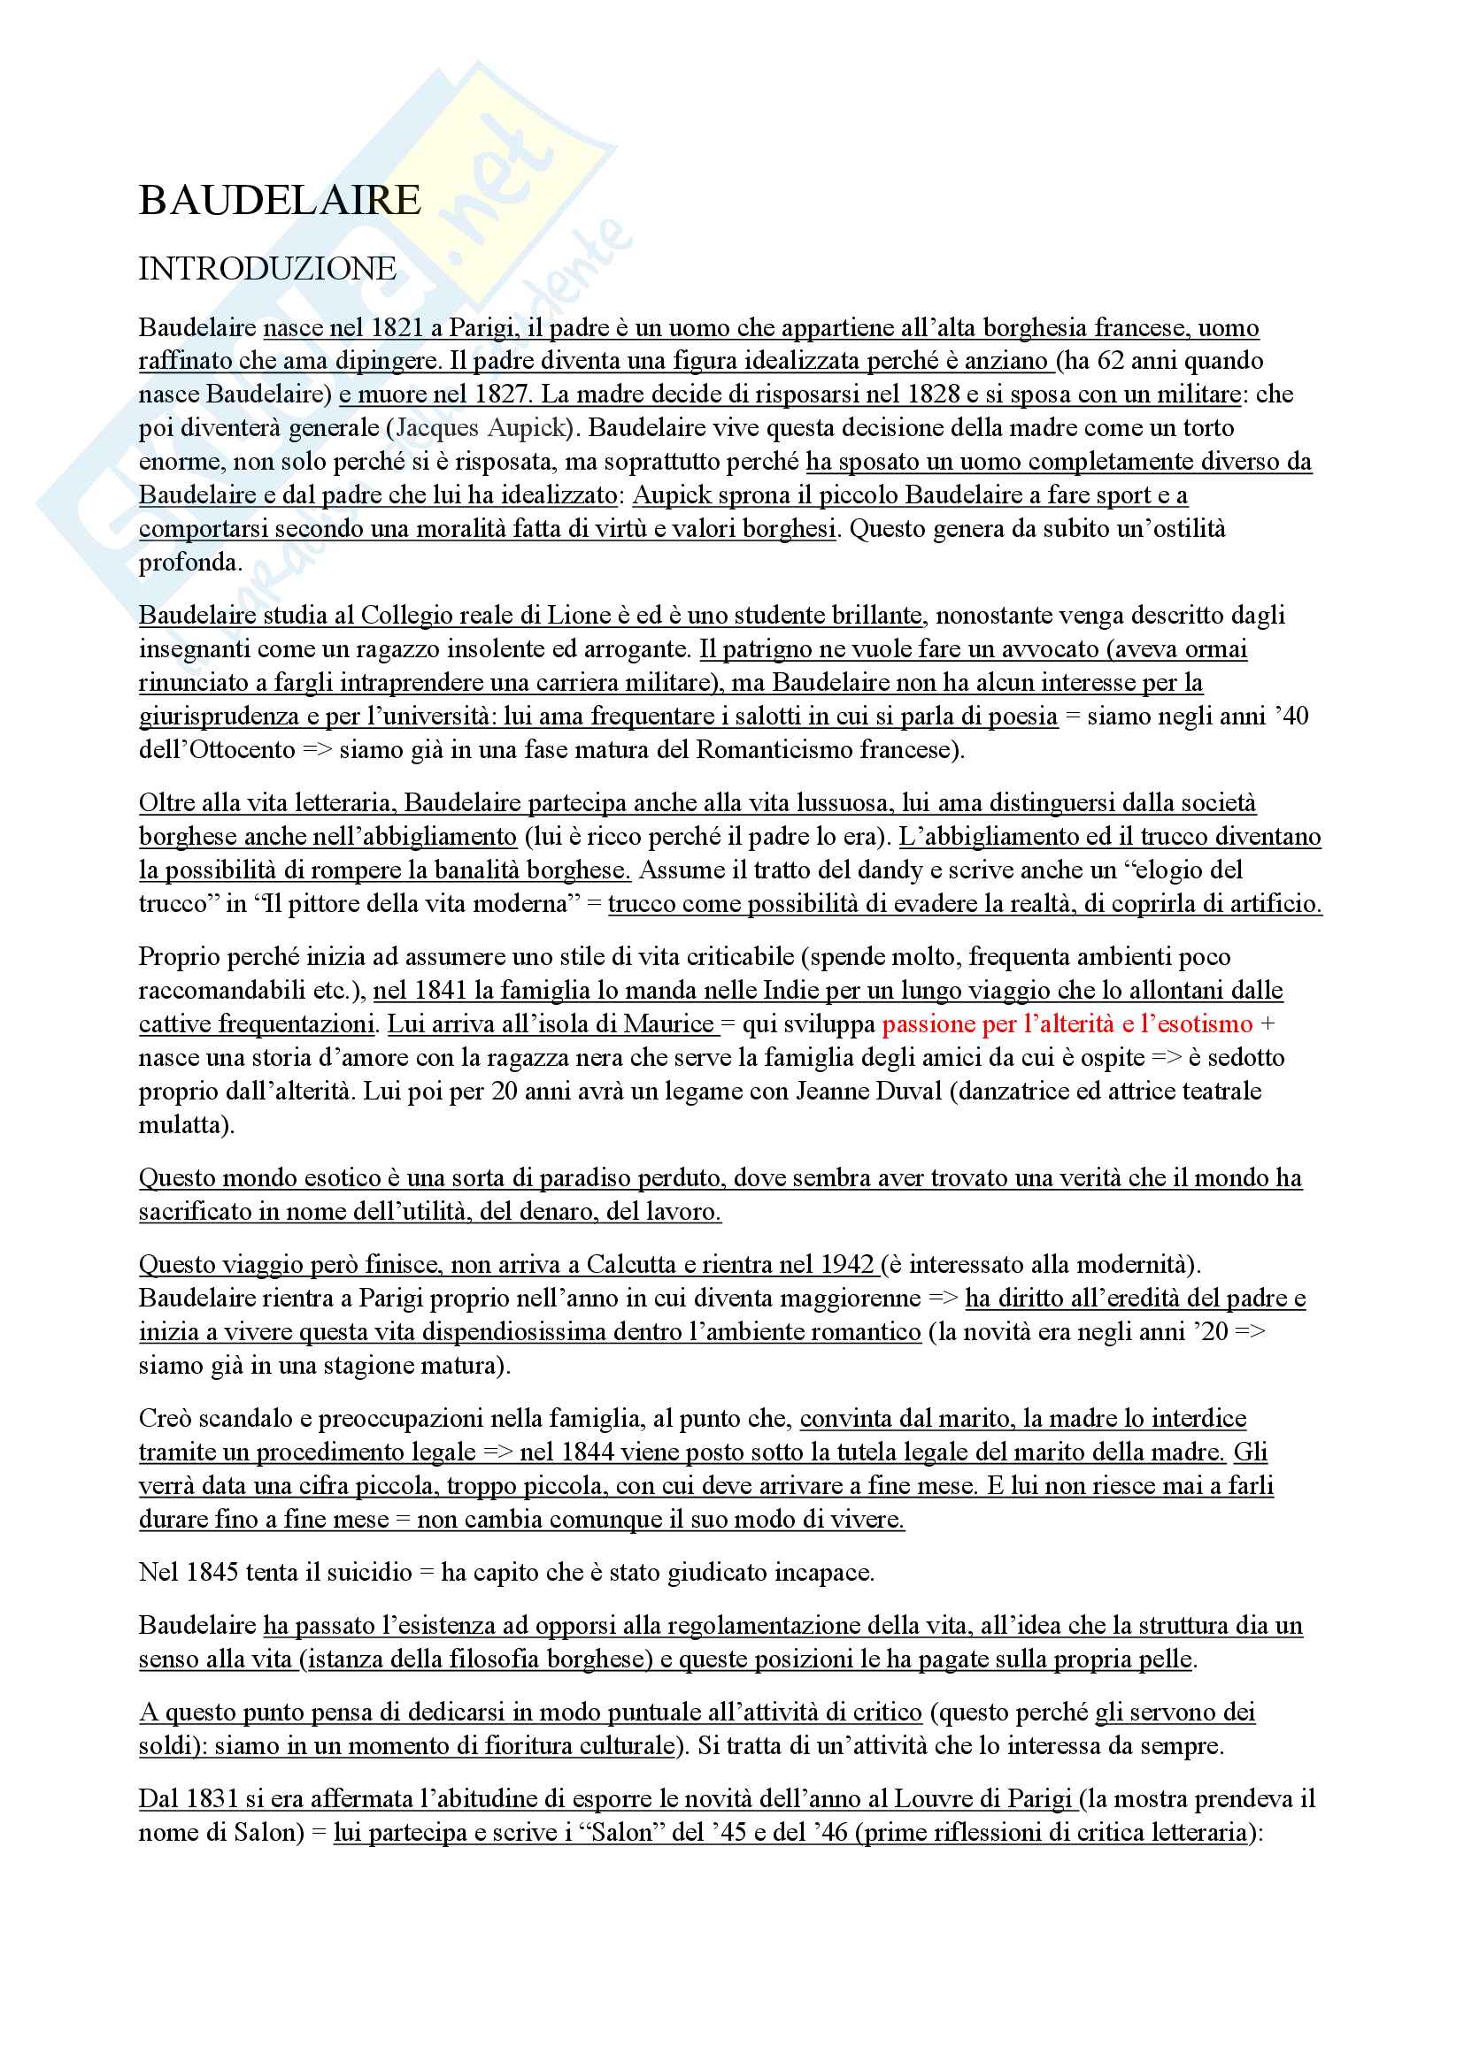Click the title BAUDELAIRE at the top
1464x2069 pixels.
[x=280, y=201]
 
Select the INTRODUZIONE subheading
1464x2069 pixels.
[x=266, y=269]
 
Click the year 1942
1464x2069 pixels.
[x=846, y=1264]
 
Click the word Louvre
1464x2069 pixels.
[x=931, y=1798]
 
